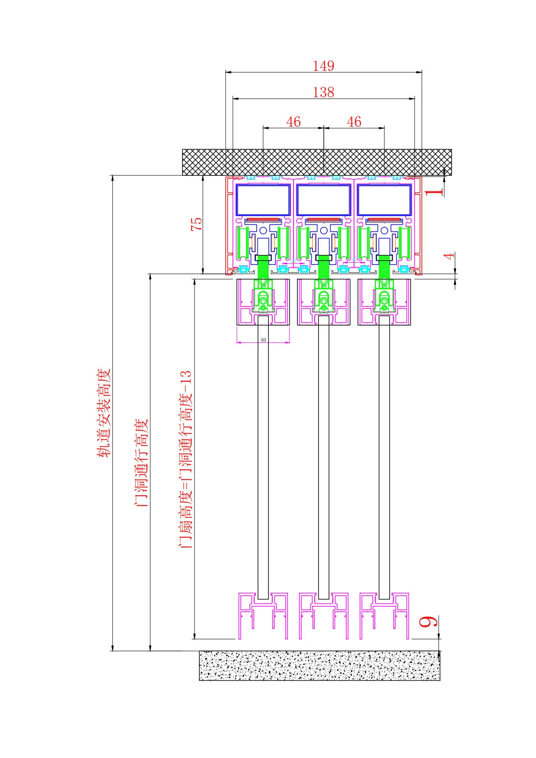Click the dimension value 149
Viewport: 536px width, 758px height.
(323, 66)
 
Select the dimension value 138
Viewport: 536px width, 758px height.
(323, 92)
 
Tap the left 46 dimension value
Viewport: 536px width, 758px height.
(293, 122)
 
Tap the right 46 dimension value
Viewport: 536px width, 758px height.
(354, 122)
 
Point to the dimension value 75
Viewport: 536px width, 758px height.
(196, 223)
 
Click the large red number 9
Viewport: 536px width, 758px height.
(428, 621)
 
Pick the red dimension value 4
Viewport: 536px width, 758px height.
(450, 256)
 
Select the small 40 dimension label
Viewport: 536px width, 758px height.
(263, 340)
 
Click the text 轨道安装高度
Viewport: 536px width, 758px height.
(104, 413)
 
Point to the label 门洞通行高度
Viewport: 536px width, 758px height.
(142, 462)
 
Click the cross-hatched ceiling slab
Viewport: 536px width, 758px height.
(317, 162)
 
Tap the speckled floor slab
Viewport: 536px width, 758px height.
(319, 666)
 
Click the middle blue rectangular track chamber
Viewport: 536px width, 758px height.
(323, 200)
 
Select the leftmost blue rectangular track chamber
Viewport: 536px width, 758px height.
(263, 200)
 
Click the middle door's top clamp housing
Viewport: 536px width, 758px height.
(323, 302)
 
